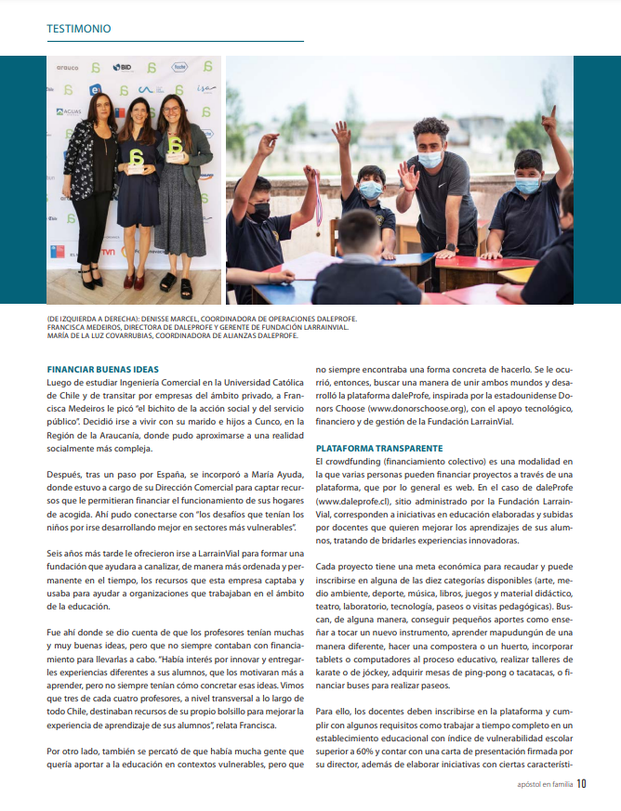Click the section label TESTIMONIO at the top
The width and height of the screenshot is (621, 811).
click(x=79, y=29)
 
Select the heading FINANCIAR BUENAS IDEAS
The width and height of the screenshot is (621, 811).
click(x=102, y=369)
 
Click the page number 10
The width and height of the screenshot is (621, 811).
click(x=581, y=782)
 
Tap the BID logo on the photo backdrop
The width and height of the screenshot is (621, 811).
click(x=123, y=68)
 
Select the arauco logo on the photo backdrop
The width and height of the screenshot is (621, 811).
click(x=67, y=68)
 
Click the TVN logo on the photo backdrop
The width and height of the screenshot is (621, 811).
click(x=110, y=251)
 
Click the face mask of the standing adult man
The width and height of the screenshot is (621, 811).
click(x=429, y=159)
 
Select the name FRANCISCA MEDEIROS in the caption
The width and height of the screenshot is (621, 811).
click(x=85, y=327)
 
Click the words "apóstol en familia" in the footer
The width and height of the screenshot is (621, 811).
click(x=545, y=783)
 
